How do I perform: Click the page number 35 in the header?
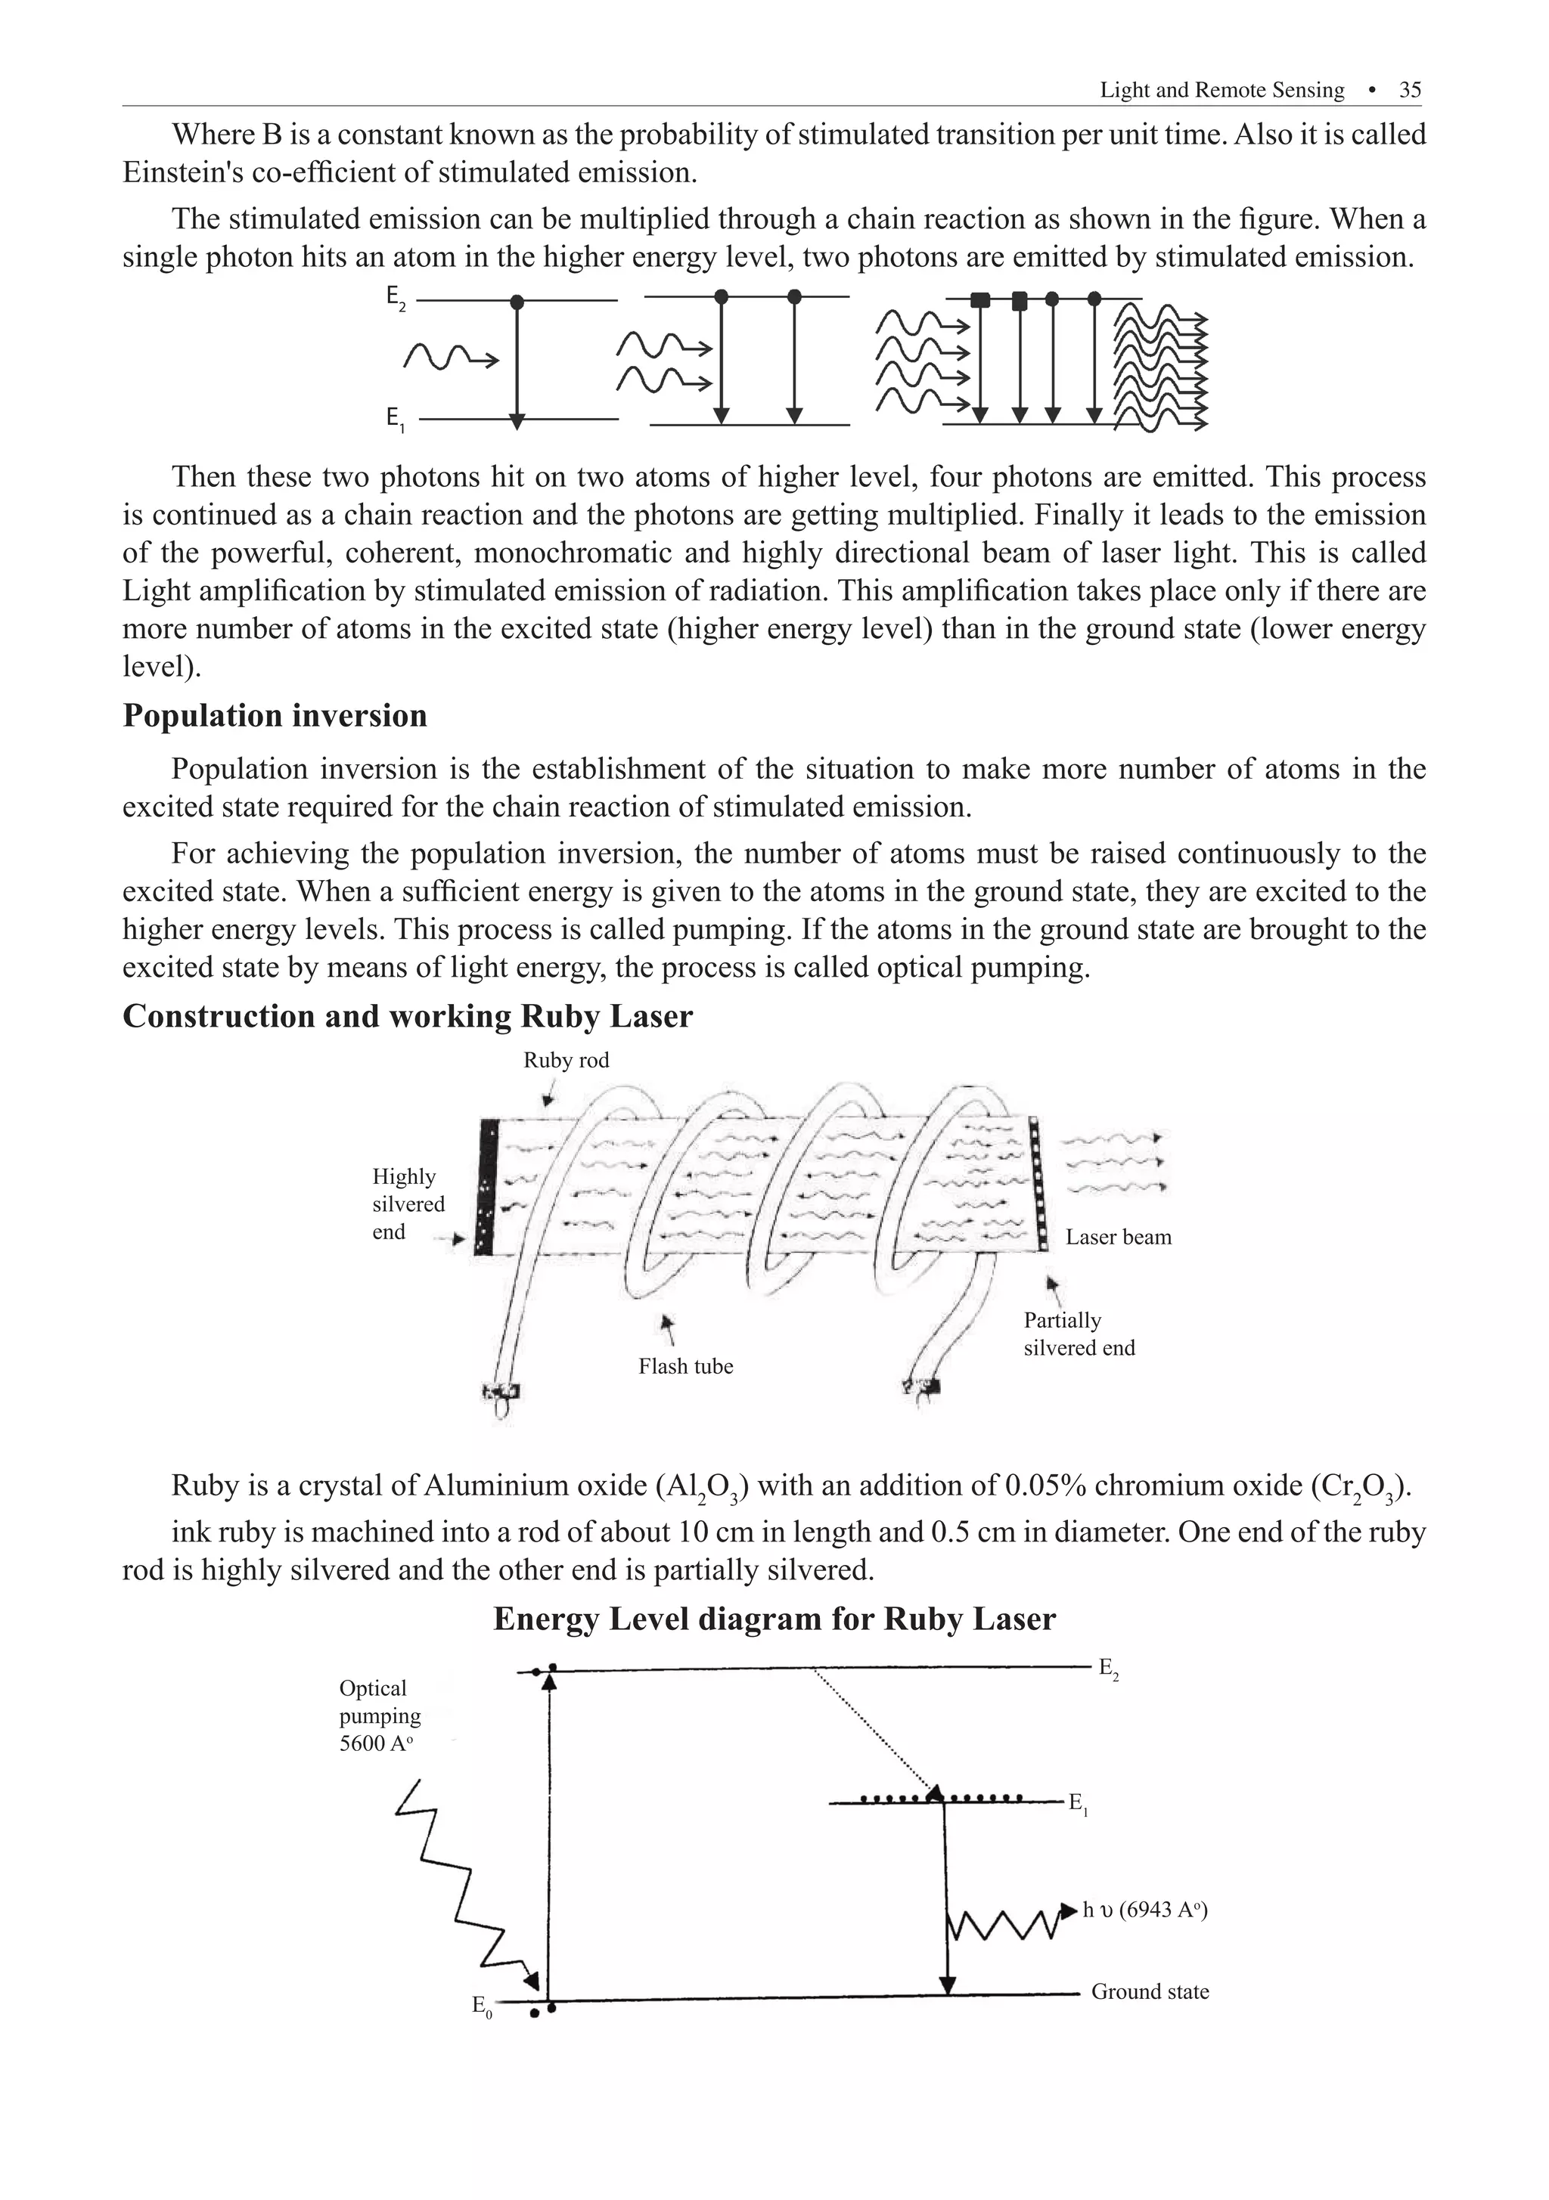[1409, 90]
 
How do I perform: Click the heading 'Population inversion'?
[275, 716]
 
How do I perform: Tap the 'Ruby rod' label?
[566, 1060]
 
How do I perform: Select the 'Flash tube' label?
[685, 1366]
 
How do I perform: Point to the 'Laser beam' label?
[1118, 1237]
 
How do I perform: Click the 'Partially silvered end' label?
[1079, 1334]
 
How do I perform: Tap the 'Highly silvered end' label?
[408, 1204]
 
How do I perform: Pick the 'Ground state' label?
[1150, 1991]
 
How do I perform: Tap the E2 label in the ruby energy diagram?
[1108, 1669]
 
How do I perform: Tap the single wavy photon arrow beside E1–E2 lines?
[451, 358]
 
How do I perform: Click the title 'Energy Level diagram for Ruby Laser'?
[774, 1619]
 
